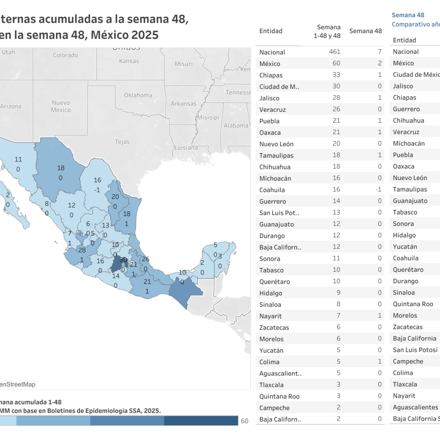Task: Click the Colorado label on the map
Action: pyautogui.click(x=65, y=55)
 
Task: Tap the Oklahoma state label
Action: pyautogui.click(x=138, y=95)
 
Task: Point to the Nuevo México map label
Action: pyautogui.click(x=61, y=106)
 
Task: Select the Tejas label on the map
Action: pyautogui.click(x=122, y=142)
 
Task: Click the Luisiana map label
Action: pyautogui.click(x=186, y=148)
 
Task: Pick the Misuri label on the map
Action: pyautogui.click(x=183, y=64)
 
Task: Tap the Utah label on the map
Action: pyautogui.click(x=8, y=52)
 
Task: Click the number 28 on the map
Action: pyautogui.click(x=82, y=250)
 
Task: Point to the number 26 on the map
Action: pyautogui.click(x=146, y=259)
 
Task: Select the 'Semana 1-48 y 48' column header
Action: pyautogui.click(x=327, y=32)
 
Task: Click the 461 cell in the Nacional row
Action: pyautogui.click(x=335, y=52)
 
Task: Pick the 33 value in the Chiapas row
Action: pyautogui.click(x=336, y=75)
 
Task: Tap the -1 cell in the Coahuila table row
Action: pyautogui.click(x=378, y=190)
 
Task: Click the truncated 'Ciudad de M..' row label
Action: pyautogui.click(x=279, y=87)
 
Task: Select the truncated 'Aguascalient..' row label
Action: pyautogui.click(x=280, y=374)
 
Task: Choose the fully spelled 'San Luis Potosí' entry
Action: pyautogui.click(x=415, y=350)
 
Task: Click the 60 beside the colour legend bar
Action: pyautogui.click(x=245, y=421)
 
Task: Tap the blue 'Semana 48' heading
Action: pyautogui.click(x=408, y=15)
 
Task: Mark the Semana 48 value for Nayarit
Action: pyautogui.click(x=380, y=316)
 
